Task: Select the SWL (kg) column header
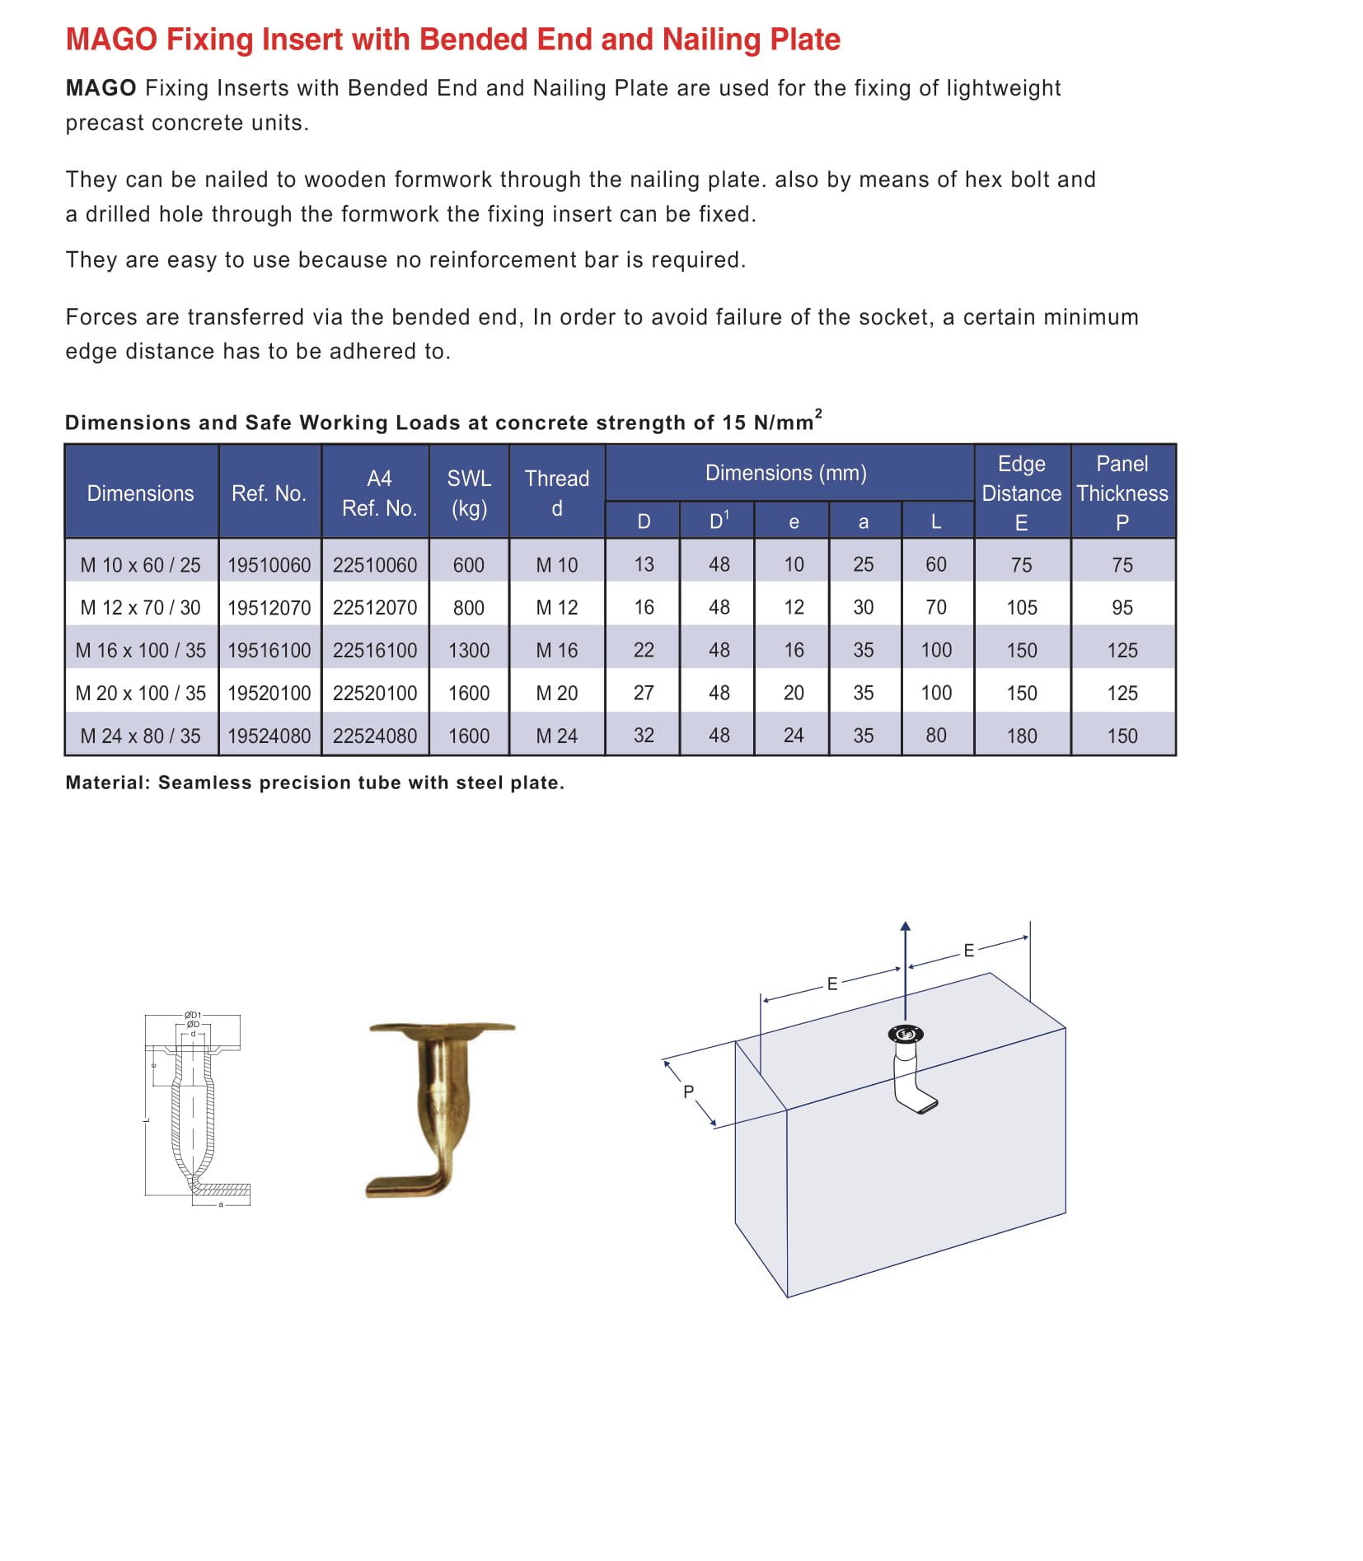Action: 469,493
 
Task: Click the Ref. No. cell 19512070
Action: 269,608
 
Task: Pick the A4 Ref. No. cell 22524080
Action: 375,736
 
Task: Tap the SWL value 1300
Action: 469,651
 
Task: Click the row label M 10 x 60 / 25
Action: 141,565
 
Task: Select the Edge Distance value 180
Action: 1021,736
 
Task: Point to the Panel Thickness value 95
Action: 1122,608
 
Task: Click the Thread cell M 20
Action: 557,694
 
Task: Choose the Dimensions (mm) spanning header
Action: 785,473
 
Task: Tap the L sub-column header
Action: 935,521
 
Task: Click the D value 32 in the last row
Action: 644,736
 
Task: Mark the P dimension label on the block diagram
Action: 688,1091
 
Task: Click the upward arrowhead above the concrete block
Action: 905,927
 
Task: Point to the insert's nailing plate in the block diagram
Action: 905,1034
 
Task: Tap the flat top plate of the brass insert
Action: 442,1028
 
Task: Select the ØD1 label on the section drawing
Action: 193,1015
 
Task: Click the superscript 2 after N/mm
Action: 817,413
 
